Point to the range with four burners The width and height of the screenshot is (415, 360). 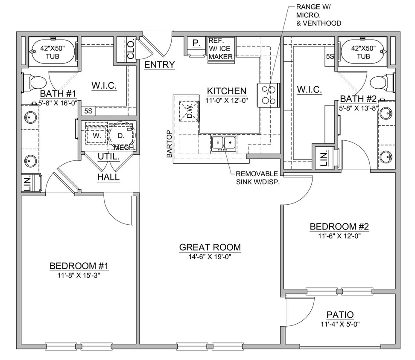click(268, 95)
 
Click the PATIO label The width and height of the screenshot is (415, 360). click(340, 315)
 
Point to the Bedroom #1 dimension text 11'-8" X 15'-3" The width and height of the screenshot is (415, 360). click(79, 275)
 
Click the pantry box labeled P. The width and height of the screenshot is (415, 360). click(196, 43)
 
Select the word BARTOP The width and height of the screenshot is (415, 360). click(170, 144)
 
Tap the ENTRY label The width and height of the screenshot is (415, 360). click(159, 65)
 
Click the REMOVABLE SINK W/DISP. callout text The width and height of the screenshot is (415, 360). click(257, 177)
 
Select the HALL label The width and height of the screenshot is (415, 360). click(108, 177)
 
